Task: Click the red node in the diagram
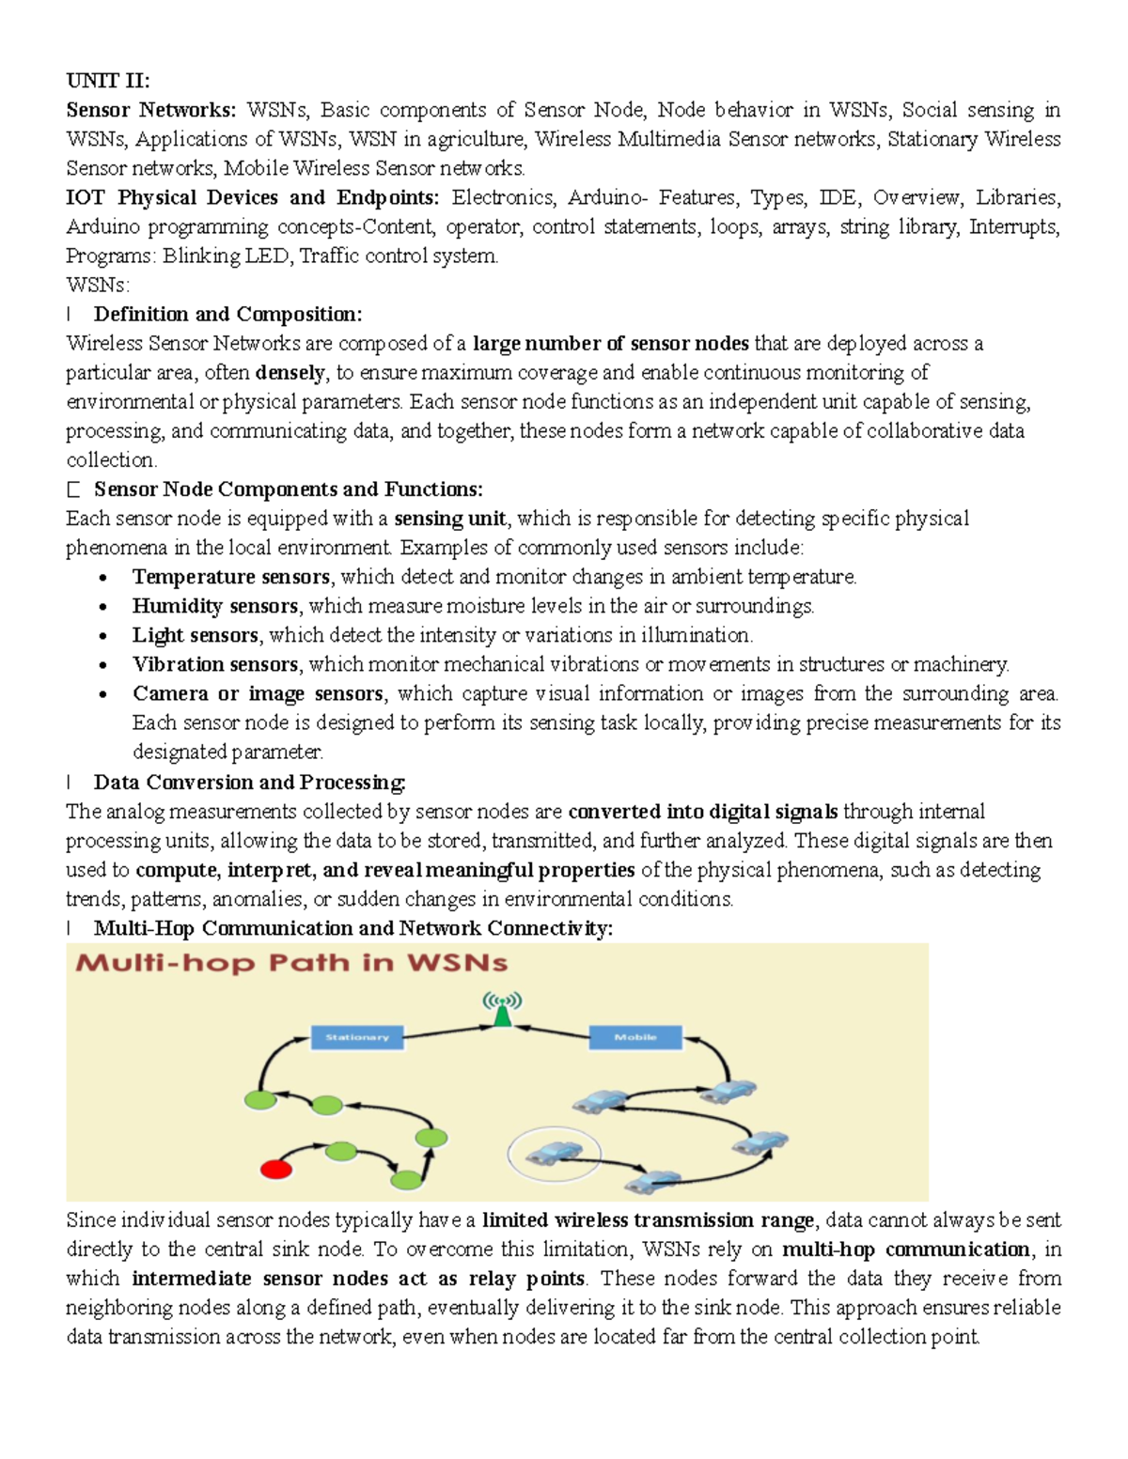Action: coord(275,1170)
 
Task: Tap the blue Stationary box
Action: coord(356,1037)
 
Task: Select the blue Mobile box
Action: coord(635,1037)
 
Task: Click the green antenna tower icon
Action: coord(503,1010)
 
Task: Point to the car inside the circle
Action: coord(555,1153)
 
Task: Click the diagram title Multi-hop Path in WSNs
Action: coord(291,963)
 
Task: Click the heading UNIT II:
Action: coord(108,81)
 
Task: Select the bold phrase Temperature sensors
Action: coord(230,577)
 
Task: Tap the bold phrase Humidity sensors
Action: coord(214,606)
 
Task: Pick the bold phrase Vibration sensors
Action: coord(214,664)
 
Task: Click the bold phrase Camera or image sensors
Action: coord(258,693)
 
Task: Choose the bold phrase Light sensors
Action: coord(195,635)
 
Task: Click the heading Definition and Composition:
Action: coord(227,314)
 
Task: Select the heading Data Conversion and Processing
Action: coord(249,782)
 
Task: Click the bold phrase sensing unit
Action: coord(450,519)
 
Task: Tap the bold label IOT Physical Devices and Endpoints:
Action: coord(252,197)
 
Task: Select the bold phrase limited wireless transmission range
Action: coord(648,1220)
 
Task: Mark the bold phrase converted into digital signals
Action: coord(702,811)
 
